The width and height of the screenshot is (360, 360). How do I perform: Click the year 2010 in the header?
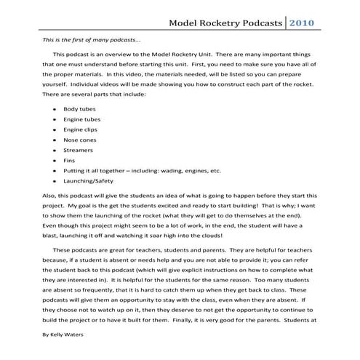303,23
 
